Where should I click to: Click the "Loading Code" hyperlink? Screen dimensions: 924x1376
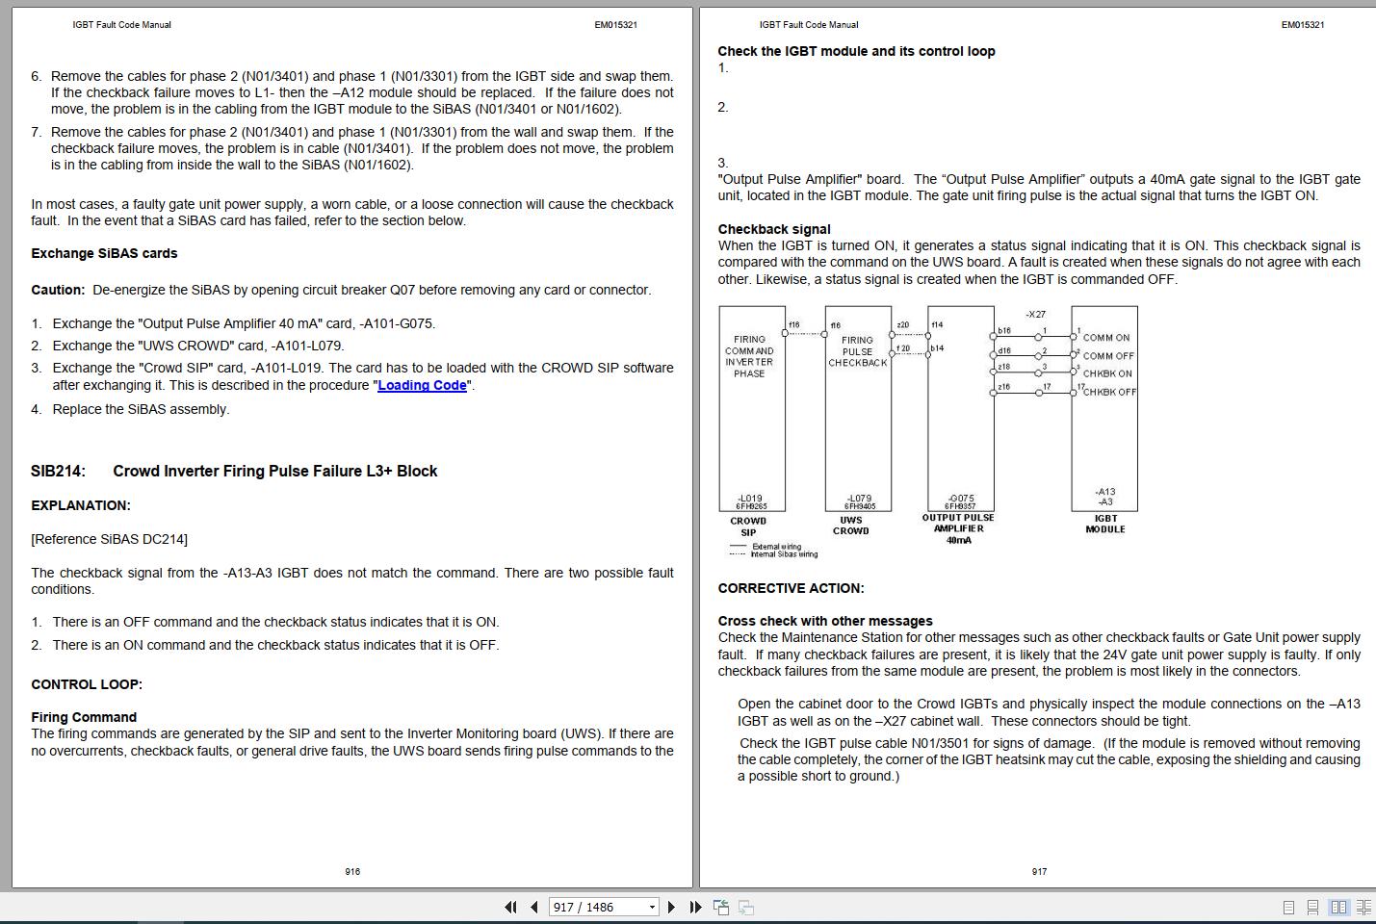coord(422,385)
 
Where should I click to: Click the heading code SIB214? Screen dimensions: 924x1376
coord(58,471)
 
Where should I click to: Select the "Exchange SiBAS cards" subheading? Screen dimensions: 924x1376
coord(104,253)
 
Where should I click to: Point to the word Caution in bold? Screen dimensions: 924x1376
coord(58,290)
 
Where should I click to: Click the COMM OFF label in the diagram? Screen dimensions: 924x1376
coord(1108,356)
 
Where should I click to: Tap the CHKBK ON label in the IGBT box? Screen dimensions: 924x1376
coord(1107,373)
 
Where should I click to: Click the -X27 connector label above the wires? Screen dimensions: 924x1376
coord(1035,315)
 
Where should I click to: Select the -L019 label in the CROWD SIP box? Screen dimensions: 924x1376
coord(750,498)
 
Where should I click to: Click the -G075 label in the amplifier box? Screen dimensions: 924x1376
coord(960,498)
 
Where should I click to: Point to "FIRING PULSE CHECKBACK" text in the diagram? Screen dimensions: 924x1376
coord(857,351)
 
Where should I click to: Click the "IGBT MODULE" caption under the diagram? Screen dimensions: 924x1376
coord(1105,524)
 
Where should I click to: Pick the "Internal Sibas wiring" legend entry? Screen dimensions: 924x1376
coord(784,554)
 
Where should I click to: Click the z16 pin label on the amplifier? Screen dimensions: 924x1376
coord(1004,386)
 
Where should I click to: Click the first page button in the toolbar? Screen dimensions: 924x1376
coord(509,907)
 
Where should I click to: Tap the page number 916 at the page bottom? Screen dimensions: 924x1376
coord(352,871)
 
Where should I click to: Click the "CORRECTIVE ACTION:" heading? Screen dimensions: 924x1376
coord(791,588)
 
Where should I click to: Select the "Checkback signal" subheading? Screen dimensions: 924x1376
coord(774,229)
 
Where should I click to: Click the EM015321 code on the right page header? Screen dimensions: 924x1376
coord(1302,25)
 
